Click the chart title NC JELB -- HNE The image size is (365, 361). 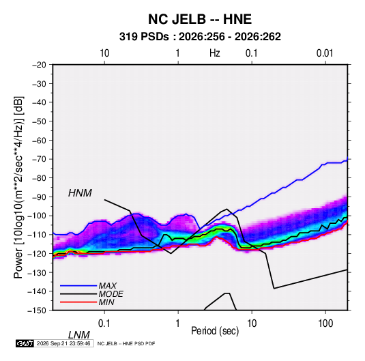(x=200, y=19)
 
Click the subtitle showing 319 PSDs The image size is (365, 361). (x=200, y=37)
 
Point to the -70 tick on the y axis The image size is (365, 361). (x=39, y=159)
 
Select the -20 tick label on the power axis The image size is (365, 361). (x=39, y=65)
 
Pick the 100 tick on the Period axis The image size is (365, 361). (x=325, y=323)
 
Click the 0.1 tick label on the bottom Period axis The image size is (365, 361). (x=104, y=323)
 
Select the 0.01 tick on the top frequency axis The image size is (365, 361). (x=325, y=53)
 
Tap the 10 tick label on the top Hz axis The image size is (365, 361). (x=104, y=53)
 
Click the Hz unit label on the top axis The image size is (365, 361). (x=215, y=53)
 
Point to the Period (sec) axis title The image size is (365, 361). (x=215, y=331)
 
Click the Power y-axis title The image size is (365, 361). (x=18, y=188)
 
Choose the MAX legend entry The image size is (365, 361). (x=107, y=286)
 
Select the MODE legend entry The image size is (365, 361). (x=111, y=294)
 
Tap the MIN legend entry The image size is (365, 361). (x=106, y=302)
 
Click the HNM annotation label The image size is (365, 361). (x=80, y=193)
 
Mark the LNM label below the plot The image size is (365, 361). (x=79, y=335)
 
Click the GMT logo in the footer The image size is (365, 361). (x=25, y=343)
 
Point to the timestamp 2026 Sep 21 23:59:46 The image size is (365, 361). (x=63, y=343)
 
